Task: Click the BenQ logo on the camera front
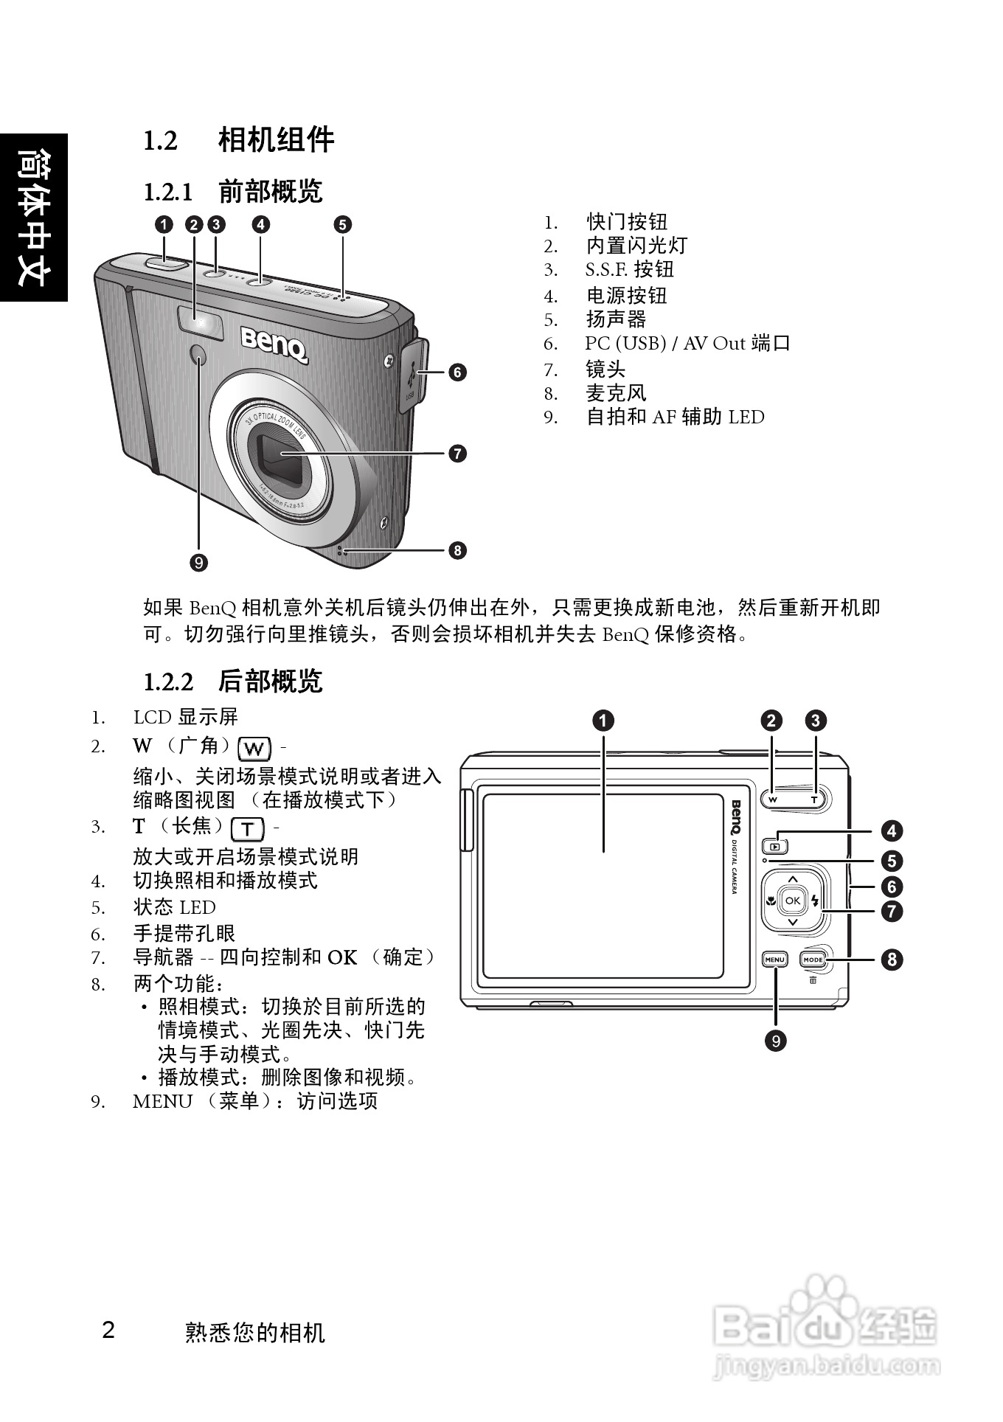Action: [x=274, y=343]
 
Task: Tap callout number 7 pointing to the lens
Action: [x=458, y=453]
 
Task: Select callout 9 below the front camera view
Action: [x=198, y=563]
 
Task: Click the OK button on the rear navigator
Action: [x=792, y=901]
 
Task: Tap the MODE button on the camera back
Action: [x=813, y=960]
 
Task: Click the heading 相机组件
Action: [x=276, y=140]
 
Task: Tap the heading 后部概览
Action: [x=270, y=681]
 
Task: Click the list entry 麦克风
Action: [x=616, y=393]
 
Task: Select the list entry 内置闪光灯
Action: [x=636, y=246]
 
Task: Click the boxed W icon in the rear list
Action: [x=254, y=749]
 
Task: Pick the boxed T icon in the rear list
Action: [x=248, y=829]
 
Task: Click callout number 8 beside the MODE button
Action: [x=892, y=960]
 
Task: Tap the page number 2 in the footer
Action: [x=108, y=1331]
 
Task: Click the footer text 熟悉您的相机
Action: [x=254, y=1333]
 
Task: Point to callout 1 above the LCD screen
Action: [x=603, y=721]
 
